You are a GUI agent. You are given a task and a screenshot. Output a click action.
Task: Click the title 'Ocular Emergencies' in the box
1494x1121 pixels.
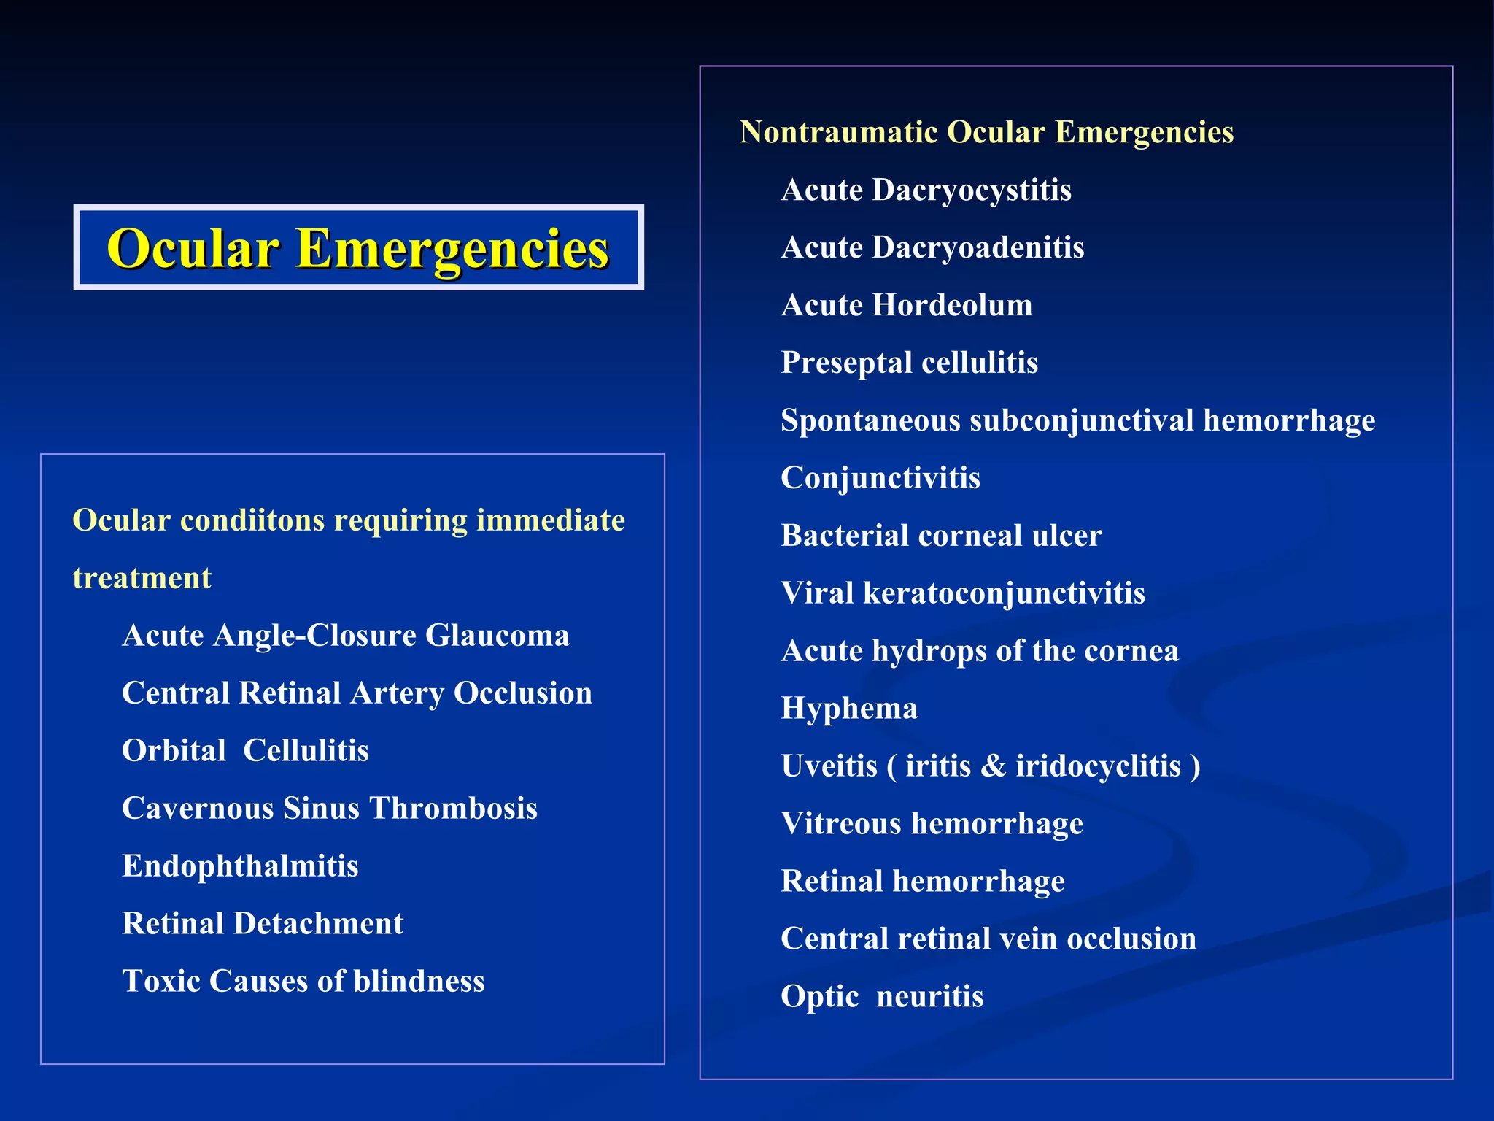pos(357,248)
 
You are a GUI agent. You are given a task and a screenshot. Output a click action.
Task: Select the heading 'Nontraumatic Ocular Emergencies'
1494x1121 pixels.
pos(986,133)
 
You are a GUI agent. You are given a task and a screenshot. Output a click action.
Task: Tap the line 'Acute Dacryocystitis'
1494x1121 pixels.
pos(926,190)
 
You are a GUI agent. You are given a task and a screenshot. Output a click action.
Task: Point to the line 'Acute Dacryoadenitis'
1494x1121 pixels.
pos(932,248)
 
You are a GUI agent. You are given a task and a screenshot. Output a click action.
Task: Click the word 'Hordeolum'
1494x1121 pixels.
pos(952,305)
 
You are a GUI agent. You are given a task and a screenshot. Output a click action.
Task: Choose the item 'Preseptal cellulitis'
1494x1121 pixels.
pos(909,363)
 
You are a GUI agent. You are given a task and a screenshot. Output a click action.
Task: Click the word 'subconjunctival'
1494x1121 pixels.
pos(1081,421)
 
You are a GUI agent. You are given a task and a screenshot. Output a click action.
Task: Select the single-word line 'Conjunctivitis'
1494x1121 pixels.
pos(880,478)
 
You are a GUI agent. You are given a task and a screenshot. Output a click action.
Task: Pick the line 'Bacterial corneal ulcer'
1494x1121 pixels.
pos(941,536)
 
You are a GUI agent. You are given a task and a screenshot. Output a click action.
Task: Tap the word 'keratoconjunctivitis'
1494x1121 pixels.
pos(1004,593)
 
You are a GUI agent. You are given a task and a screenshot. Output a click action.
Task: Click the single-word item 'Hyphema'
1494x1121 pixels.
pos(849,709)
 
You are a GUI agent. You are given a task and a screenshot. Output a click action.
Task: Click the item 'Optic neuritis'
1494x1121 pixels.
pos(882,997)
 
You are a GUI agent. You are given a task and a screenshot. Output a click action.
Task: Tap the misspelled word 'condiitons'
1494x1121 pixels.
pos(252,521)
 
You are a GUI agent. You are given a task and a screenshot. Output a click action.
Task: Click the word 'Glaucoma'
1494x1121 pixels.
pos(497,636)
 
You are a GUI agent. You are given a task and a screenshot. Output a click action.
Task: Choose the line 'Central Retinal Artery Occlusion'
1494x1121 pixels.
pos(357,693)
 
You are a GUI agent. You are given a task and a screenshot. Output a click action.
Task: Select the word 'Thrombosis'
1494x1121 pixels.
pos(453,809)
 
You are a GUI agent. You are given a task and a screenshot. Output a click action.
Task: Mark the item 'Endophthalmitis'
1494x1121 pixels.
pos(240,866)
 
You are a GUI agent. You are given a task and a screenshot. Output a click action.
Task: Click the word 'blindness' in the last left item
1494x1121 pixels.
pos(419,982)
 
